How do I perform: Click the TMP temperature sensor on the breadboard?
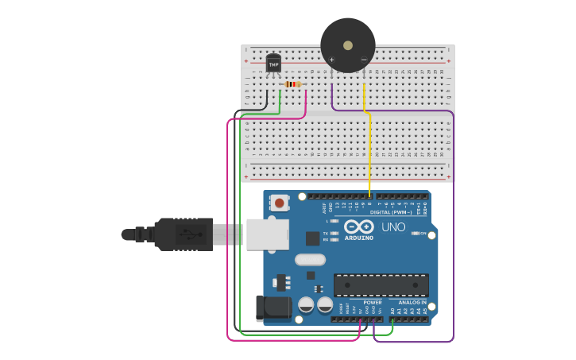(273, 64)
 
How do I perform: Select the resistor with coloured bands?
(292, 84)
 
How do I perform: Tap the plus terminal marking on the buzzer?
(331, 60)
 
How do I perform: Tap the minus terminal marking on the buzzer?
(364, 60)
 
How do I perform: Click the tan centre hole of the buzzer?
(348, 45)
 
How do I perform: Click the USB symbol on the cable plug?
(188, 234)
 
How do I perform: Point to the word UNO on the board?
(393, 227)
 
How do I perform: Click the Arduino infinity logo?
(359, 226)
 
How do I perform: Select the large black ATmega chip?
(381, 285)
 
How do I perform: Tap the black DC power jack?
(273, 308)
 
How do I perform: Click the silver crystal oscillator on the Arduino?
(310, 259)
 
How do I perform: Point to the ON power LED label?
(423, 234)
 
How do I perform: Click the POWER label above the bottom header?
(372, 303)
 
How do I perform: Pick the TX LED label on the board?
(326, 234)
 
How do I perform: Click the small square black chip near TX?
(313, 238)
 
